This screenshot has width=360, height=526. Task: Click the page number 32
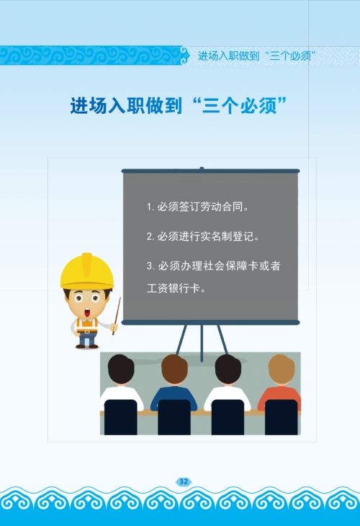[184, 482]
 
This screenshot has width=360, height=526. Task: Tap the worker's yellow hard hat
[87, 271]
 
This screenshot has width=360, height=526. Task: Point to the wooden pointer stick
[117, 316]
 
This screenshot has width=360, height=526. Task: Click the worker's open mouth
[87, 313]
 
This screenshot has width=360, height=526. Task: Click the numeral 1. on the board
[150, 207]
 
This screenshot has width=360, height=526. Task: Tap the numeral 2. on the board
[150, 237]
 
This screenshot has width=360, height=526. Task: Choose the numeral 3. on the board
[150, 267]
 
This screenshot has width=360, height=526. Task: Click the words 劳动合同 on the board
[222, 207]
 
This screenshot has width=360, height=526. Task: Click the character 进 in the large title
[79, 106]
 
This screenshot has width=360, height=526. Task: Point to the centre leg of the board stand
[202, 343]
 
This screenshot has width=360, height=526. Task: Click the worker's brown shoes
[87, 346]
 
